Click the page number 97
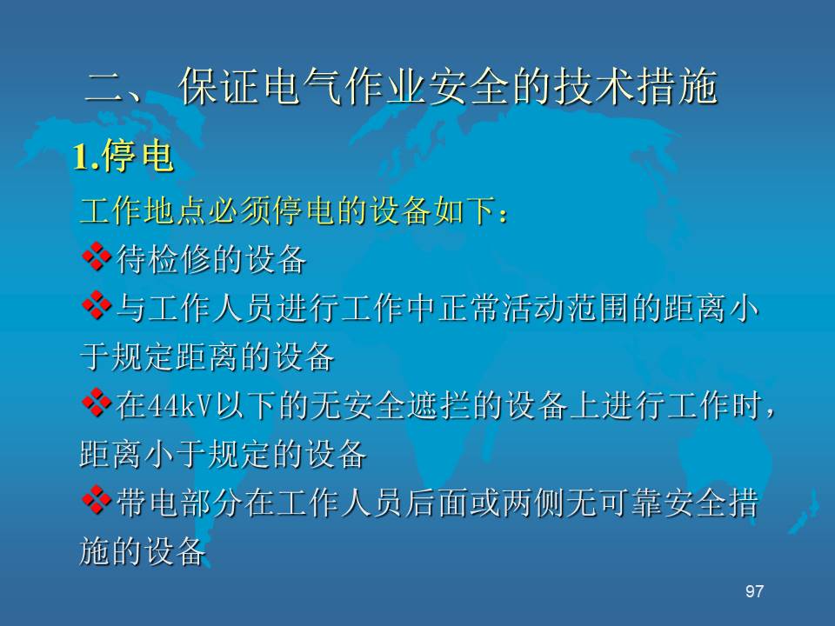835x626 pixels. coord(754,591)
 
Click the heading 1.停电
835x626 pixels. coord(123,156)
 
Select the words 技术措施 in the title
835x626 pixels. coord(636,86)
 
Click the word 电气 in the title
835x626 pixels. coord(302,86)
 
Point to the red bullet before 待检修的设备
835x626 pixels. coord(97,257)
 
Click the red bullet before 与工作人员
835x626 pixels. coord(97,305)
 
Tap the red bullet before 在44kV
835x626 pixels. coord(97,403)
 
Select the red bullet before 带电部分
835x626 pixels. coord(97,500)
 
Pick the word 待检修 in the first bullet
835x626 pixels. coord(164,259)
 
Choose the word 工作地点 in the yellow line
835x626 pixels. coord(144,210)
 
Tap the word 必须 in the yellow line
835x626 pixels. coord(240,210)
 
